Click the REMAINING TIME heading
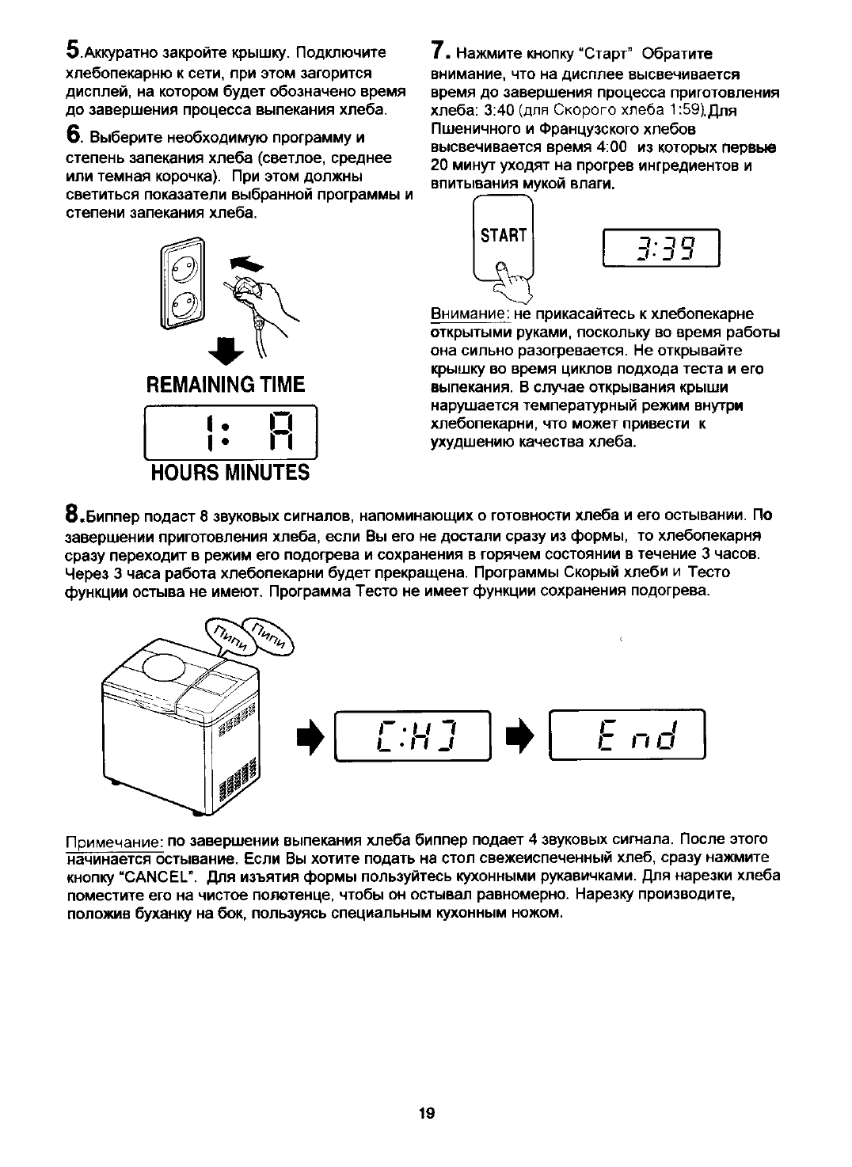pyautogui.click(x=226, y=385)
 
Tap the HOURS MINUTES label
pyautogui.click(x=230, y=473)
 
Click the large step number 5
pyautogui.click(x=73, y=51)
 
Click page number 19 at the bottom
pyautogui.click(x=426, y=1113)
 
